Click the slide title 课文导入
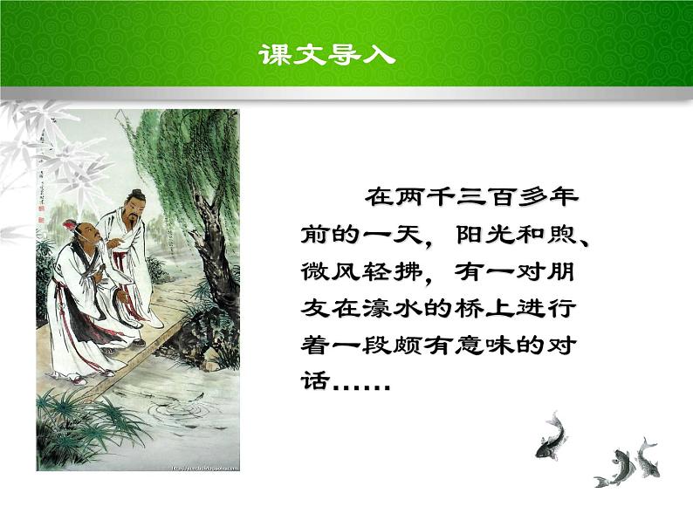click(327, 55)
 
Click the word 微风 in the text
click(321, 273)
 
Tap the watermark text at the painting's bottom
click(197, 467)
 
